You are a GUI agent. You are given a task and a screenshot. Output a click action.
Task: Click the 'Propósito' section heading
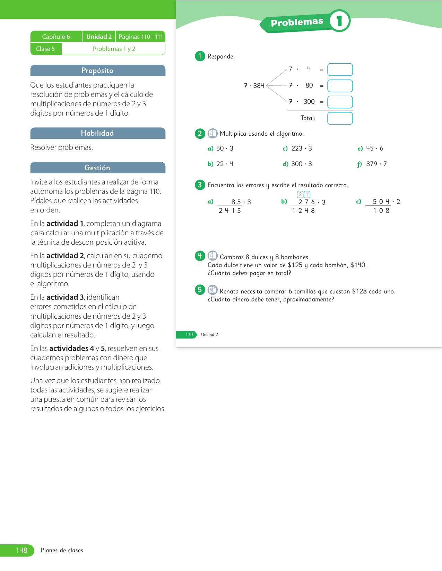97,71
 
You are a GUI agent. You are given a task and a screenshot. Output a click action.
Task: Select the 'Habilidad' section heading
97,133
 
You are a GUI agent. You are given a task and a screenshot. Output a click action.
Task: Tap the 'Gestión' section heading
97,168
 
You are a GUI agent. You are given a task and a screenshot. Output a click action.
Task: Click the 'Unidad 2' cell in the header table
99,37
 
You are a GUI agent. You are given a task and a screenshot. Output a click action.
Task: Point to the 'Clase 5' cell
45,49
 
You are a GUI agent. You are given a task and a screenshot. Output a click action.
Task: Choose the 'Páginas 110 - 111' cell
141,37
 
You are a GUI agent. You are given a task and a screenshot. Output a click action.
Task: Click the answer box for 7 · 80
340,85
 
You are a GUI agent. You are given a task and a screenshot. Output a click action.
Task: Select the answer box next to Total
340,118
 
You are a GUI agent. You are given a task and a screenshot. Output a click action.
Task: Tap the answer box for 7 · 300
340,102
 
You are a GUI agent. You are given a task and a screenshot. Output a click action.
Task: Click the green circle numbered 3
200,185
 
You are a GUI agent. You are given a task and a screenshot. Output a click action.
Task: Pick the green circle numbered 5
200,290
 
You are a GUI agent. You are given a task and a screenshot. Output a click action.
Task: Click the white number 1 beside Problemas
339,21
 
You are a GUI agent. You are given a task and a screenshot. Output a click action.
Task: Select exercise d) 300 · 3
297,164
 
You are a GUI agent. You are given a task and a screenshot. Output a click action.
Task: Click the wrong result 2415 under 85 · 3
229,211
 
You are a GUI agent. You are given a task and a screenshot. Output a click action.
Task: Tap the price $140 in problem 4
358,265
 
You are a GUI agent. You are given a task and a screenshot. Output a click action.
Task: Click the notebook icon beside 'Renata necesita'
213,290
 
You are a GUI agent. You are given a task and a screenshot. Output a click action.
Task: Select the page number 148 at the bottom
21,550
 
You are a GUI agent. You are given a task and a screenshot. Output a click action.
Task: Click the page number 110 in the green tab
189,335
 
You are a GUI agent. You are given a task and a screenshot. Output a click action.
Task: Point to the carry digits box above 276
304,194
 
